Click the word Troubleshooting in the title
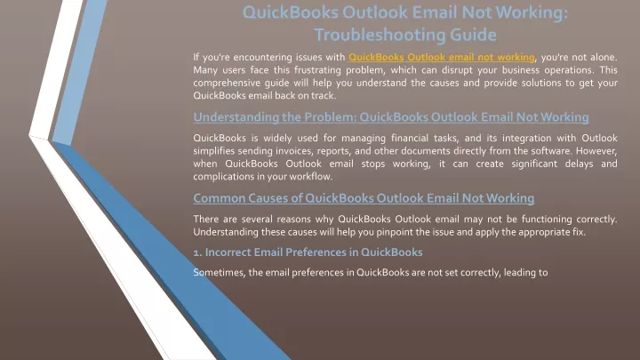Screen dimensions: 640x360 [x=380, y=35]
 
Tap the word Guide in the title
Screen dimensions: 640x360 [x=473, y=35]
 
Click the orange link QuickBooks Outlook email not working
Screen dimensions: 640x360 [x=442, y=57]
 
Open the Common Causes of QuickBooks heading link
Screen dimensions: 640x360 [x=364, y=198]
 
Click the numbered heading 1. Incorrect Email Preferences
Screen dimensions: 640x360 [x=308, y=252]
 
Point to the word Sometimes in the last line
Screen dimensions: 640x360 [x=220, y=272]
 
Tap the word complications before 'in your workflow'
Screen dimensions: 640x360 [x=226, y=177]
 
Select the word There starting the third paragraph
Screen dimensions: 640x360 [x=205, y=220]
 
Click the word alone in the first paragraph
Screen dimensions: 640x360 [x=604, y=57]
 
